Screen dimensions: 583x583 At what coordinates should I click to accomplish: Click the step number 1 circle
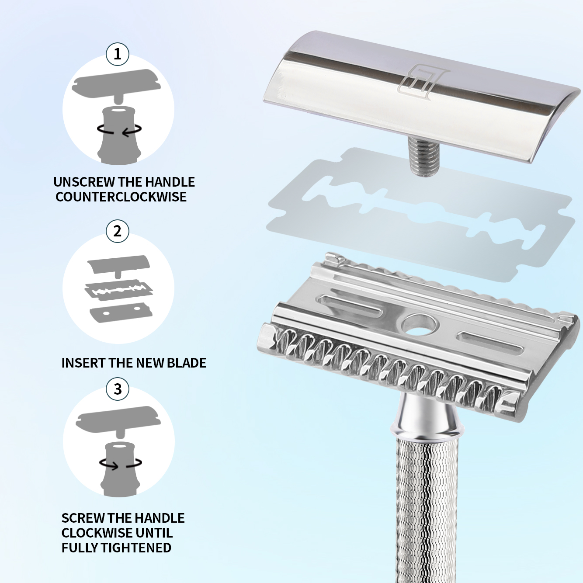118,55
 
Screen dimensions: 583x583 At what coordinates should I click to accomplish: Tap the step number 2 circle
118,231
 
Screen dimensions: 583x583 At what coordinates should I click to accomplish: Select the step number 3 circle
118,389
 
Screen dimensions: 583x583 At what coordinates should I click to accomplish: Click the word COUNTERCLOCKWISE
121,197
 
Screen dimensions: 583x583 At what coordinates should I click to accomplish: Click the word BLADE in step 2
186,363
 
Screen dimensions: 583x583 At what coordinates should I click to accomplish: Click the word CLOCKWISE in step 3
96,533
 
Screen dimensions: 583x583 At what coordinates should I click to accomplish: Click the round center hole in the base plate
419,326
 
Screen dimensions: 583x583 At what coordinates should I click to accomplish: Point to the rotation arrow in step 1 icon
119,130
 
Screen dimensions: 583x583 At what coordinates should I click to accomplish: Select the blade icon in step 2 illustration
118,290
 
